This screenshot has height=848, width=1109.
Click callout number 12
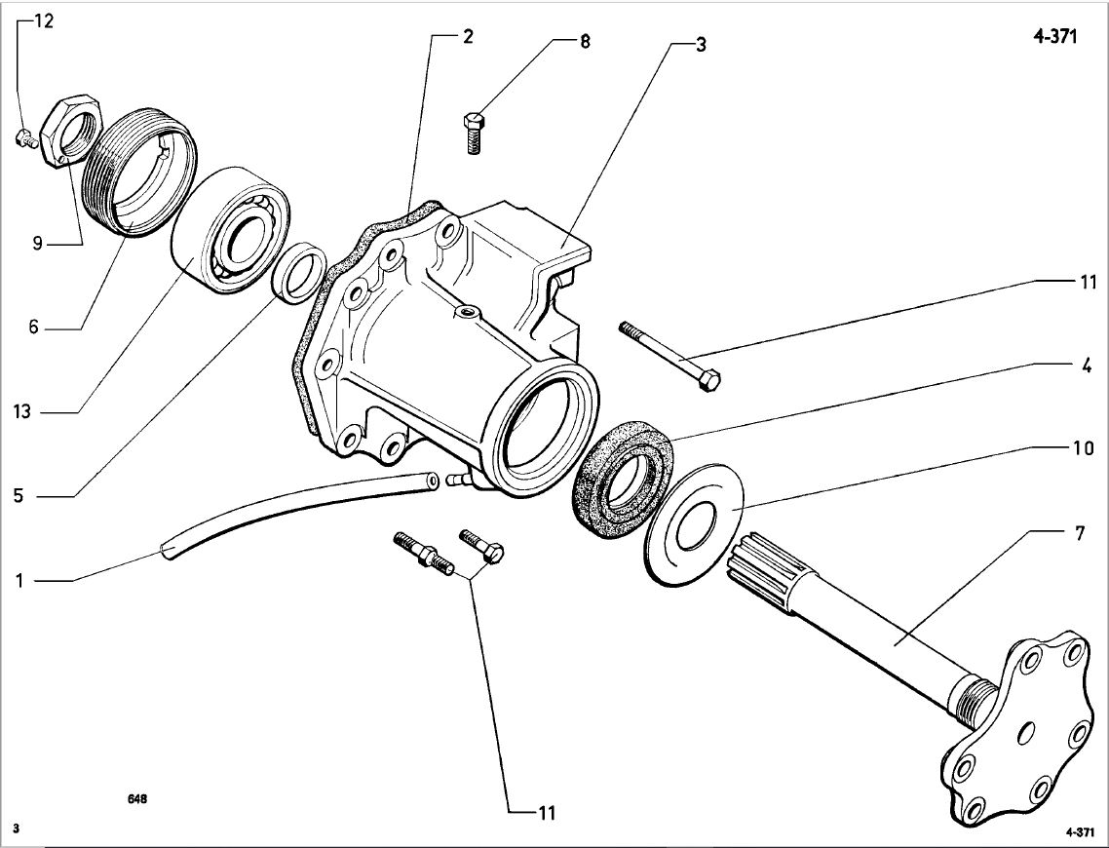(44, 22)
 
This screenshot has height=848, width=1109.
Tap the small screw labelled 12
(26, 139)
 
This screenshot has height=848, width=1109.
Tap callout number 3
(700, 46)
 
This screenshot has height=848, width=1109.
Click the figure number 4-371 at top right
(1055, 39)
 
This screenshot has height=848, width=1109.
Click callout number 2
(468, 38)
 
